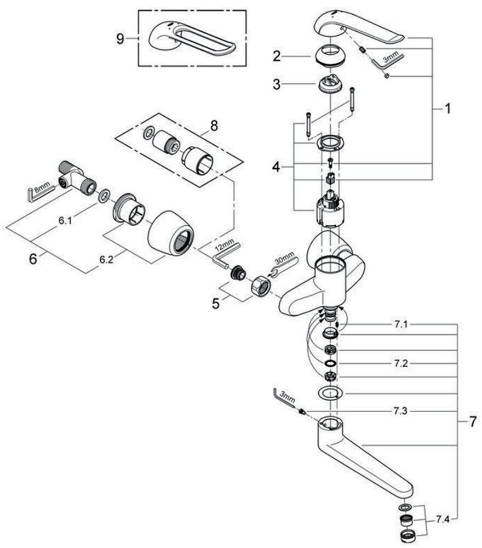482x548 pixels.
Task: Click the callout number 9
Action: point(121,38)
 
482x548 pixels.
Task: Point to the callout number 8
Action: point(214,125)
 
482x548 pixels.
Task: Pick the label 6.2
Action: point(106,261)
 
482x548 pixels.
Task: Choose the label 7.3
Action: point(400,410)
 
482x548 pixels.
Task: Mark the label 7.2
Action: point(400,363)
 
